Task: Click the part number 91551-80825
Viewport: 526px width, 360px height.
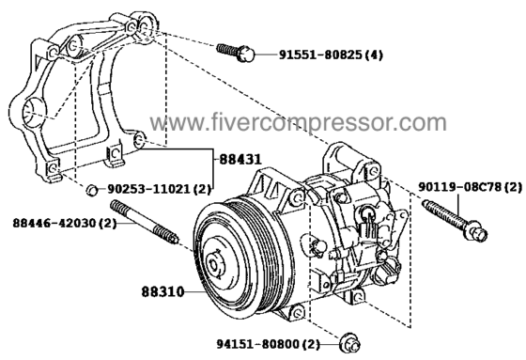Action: pos(321,55)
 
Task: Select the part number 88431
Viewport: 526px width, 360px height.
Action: pos(240,159)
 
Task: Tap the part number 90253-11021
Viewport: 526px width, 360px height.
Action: pos(148,189)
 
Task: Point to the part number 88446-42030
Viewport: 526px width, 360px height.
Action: pos(54,223)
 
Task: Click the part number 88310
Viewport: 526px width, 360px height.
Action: pos(163,291)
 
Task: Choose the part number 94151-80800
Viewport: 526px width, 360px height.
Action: pos(257,344)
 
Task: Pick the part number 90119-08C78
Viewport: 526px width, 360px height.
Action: pos(459,187)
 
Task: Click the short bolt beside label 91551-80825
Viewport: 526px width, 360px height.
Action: pos(236,53)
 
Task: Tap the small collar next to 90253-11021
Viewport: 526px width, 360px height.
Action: pos(92,190)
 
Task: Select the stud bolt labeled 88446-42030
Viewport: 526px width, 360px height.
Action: pos(145,222)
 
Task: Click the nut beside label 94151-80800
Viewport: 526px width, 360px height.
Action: pos(350,343)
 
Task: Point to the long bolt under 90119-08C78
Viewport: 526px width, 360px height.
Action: pos(455,220)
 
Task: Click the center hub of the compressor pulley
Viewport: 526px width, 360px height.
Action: pos(214,263)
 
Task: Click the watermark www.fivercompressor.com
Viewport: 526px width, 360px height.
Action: pos(299,122)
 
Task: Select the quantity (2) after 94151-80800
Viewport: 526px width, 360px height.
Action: pos(311,345)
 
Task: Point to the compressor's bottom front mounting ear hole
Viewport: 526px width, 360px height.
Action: pos(297,313)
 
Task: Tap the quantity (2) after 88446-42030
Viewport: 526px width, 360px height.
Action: pos(107,223)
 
